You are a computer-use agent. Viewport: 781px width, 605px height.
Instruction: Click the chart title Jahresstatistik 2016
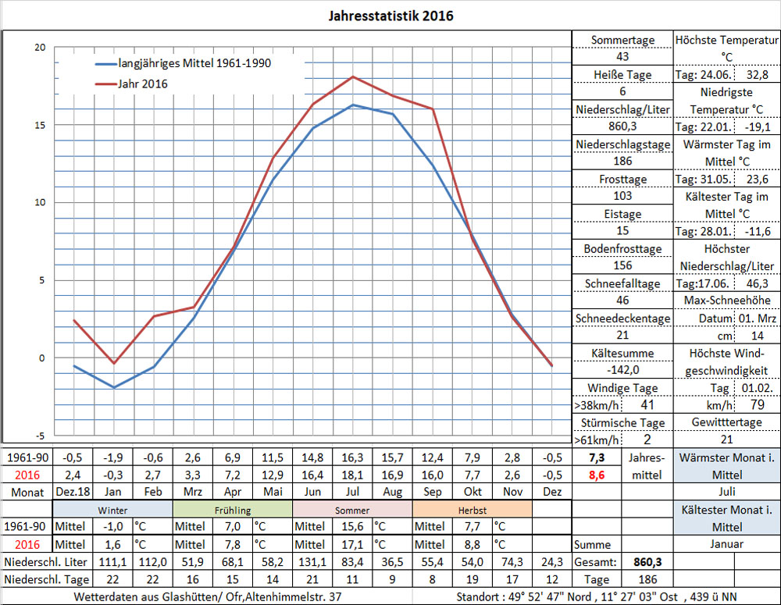click(390, 16)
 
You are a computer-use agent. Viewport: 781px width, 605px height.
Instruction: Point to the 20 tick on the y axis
click(40, 48)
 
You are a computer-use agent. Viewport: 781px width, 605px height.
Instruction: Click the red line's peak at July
click(353, 77)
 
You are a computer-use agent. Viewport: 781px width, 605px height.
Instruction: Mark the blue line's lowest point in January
click(114, 387)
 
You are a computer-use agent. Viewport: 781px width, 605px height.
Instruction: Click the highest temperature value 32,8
click(758, 75)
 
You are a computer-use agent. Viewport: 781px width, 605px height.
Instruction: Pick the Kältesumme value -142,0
click(622, 370)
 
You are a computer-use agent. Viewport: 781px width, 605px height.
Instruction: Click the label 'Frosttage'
click(622, 179)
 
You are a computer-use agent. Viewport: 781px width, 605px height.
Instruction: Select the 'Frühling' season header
click(232, 510)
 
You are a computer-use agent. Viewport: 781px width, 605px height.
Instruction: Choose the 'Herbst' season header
click(471, 510)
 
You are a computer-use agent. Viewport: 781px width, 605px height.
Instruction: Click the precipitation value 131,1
click(313, 562)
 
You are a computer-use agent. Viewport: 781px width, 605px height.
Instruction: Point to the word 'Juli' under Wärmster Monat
click(726, 492)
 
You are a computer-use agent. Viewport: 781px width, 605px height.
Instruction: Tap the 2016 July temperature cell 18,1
click(353, 474)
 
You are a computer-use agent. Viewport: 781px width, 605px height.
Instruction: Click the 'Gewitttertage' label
click(726, 422)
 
